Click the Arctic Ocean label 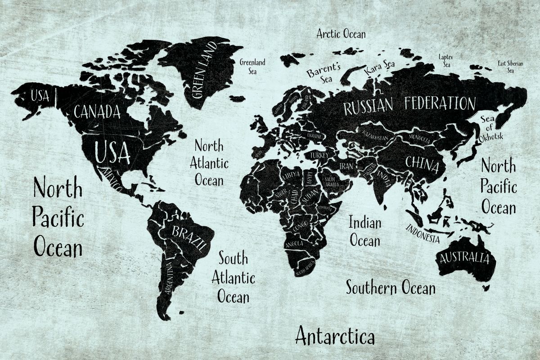(341, 34)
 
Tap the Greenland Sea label (252, 67)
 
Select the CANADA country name (97, 111)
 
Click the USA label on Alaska (40, 96)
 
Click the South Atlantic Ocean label (233, 278)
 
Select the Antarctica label (335, 336)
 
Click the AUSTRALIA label (464, 258)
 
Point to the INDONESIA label (423, 233)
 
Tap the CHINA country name (422, 165)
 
